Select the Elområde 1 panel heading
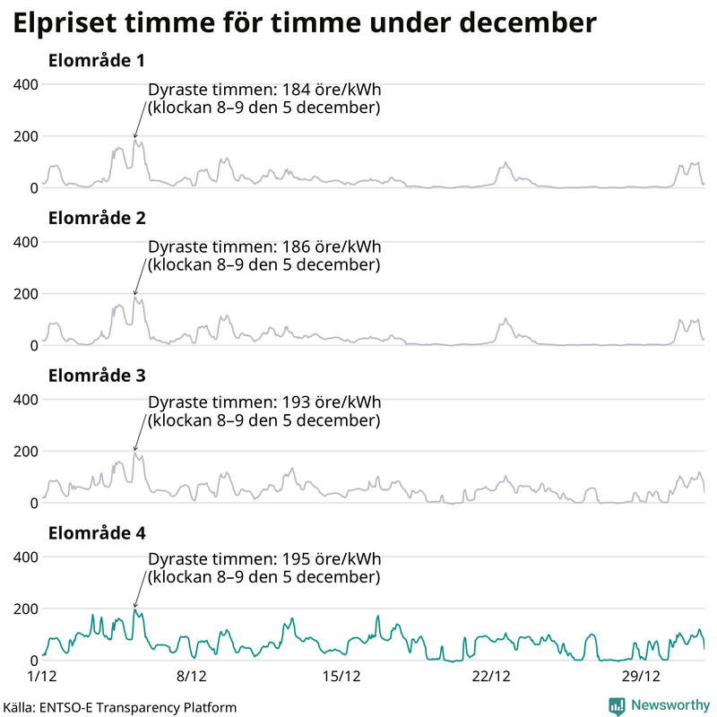click(x=96, y=61)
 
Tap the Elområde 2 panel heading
click(x=96, y=218)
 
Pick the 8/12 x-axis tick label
click(x=192, y=674)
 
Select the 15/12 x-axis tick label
click(x=341, y=674)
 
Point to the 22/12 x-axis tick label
click(x=491, y=674)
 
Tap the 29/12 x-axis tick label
click(x=641, y=674)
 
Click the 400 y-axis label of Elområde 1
click(x=24, y=84)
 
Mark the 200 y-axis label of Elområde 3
click(x=24, y=451)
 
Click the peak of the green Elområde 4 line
click(x=134, y=609)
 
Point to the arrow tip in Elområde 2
click(x=134, y=295)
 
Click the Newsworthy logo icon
click(x=617, y=705)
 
